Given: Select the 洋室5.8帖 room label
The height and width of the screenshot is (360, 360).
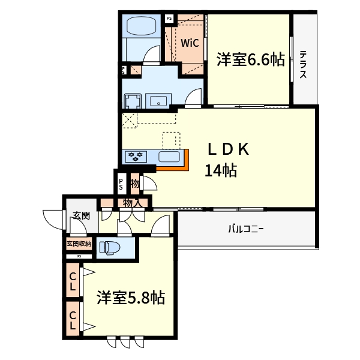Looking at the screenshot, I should pos(131,298).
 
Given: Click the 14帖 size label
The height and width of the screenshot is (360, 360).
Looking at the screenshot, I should pos(220,171).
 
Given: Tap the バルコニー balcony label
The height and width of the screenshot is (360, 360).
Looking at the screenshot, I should pos(245,229).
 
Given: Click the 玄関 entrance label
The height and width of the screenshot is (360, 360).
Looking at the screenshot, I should pos(82,216).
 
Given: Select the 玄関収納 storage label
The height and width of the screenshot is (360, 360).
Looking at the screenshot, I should pos(79,244).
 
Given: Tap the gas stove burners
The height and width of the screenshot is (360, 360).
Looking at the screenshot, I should pos(136,157).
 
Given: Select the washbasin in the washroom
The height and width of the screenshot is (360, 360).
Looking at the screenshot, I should pos(159,100).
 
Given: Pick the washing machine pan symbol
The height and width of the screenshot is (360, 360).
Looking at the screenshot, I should pos(132,100).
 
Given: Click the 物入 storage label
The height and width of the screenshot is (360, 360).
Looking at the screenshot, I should pos(132,203).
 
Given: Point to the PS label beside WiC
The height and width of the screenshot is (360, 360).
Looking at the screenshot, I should pos(169,19).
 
